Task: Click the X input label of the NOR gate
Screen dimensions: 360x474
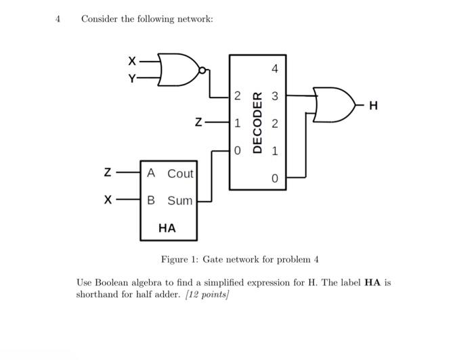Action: [x=132, y=62]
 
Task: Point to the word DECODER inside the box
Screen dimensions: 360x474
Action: [x=257, y=122]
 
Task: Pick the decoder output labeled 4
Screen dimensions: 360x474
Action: [x=274, y=69]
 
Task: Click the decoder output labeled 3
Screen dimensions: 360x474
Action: [x=274, y=96]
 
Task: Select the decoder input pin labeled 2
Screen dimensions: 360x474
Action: [x=236, y=96]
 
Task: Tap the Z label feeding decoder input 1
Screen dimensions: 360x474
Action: [x=198, y=123]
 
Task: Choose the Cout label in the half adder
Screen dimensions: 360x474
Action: [x=180, y=174]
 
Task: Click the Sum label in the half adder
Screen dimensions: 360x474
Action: [x=180, y=201]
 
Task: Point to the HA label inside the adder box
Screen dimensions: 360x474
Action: [x=167, y=229]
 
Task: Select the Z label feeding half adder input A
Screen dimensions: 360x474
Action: [x=107, y=173]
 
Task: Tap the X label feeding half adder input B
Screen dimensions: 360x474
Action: [x=107, y=200]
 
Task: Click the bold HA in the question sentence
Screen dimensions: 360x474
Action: [x=372, y=283]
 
